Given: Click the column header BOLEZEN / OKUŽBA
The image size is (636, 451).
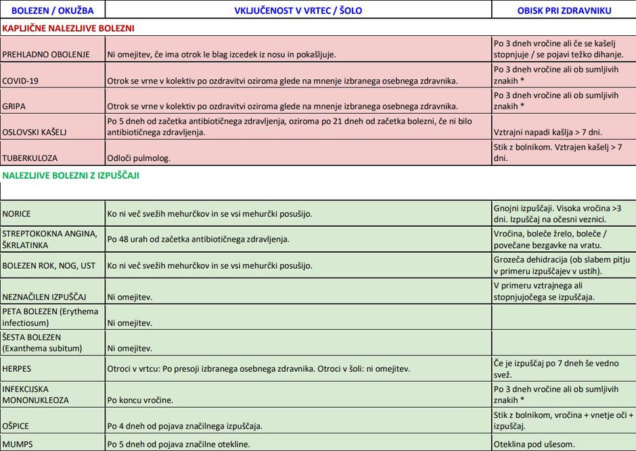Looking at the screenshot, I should (x=53, y=10).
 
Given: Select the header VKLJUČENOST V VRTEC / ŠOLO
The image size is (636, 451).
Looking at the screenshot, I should (x=298, y=10).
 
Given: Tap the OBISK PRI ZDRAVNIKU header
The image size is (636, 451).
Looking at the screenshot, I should (x=564, y=10).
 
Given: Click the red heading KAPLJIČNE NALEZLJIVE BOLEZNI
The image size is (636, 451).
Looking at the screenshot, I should (x=68, y=28).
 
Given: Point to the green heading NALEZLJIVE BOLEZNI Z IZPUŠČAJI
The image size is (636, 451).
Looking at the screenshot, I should (x=71, y=175).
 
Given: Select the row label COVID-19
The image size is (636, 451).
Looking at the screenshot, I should (x=20, y=81).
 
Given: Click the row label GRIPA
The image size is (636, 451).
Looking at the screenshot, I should (x=15, y=106).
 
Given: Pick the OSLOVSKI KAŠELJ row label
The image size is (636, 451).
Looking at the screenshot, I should (x=34, y=132).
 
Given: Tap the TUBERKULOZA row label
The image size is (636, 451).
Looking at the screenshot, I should (x=30, y=158).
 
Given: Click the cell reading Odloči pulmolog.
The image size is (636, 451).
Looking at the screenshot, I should (x=138, y=158).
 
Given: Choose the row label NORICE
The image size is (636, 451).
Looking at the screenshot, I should (x=17, y=213).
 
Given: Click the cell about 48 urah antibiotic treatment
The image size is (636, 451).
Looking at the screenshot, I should (x=198, y=239).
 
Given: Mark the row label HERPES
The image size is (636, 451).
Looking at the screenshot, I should (x=17, y=369).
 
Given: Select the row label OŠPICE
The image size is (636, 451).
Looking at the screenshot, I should (x=16, y=426).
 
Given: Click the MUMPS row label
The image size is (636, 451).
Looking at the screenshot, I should (x=18, y=444).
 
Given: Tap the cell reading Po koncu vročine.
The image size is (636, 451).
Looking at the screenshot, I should (x=140, y=400).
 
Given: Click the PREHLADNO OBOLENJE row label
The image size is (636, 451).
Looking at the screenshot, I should (x=46, y=54).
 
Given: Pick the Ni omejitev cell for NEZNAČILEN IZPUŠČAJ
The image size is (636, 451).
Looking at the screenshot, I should (x=130, y=297).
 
